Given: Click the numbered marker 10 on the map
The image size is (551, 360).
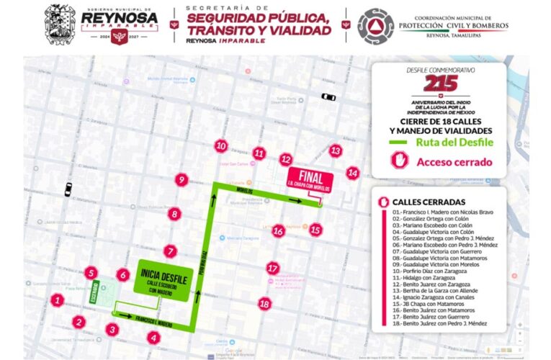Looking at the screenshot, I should pos(221,145).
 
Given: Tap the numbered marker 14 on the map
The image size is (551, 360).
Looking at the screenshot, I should pos(352,173).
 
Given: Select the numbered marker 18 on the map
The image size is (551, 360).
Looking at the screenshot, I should pos(265,304).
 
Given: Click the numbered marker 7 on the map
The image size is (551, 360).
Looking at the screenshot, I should pos(170,252).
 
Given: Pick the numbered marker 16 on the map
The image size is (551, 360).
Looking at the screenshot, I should pos(278,231).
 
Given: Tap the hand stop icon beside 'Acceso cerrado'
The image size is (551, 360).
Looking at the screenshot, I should pos(400,162).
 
